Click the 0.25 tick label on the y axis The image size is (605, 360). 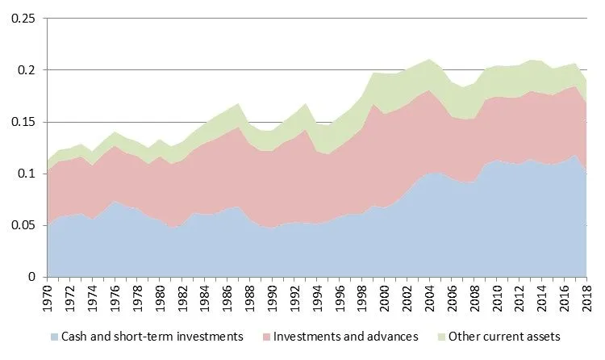pos(23,19)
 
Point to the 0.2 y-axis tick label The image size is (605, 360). pos(27,70)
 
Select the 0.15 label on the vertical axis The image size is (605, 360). pos(23,122)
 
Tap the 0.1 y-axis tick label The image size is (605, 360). pos(27,174)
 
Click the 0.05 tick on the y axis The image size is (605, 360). pos(23,225)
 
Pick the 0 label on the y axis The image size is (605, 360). pos(35,277)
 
